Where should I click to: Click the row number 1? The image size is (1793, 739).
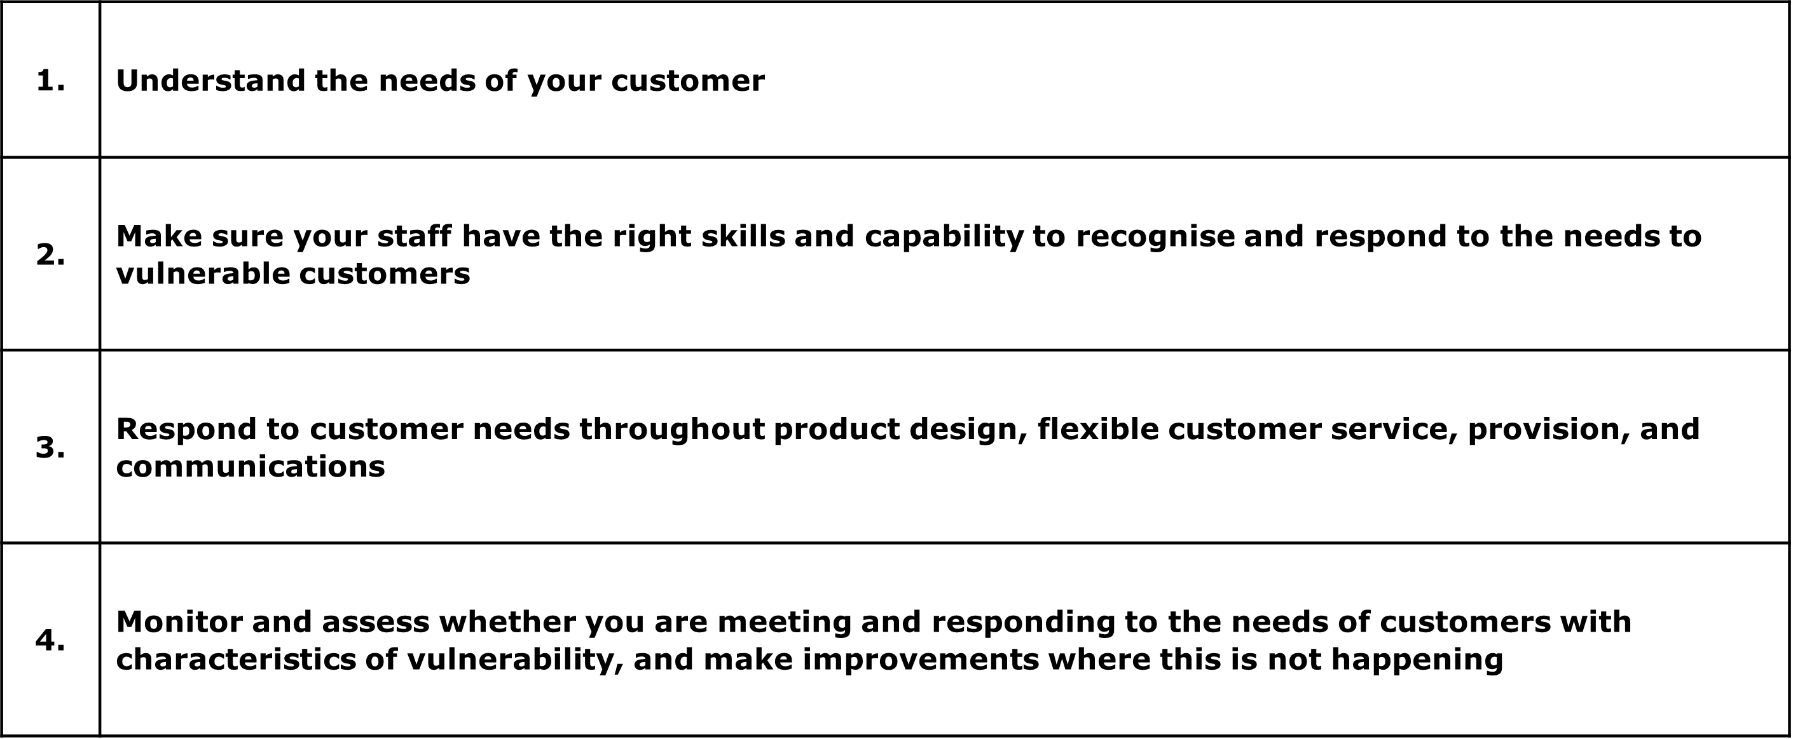tap(50, 81)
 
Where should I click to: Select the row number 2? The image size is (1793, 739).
tap(50, 255)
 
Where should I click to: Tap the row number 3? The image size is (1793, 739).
tap(50, 447)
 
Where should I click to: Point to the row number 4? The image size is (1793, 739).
tap(50, 640)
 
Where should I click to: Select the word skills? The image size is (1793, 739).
tap(743, 236)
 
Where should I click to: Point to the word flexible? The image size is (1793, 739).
tap(1097, 430)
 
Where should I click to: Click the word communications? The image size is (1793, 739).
tap(251, 467)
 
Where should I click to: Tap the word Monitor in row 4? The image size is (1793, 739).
tap(179, 622)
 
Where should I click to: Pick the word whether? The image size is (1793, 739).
tap(507, 622)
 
